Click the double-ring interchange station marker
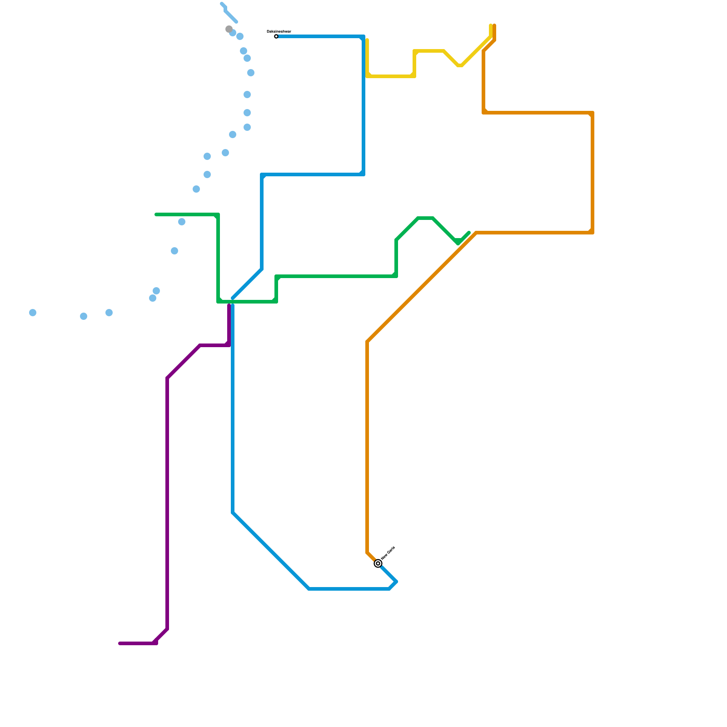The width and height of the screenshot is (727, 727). click(x=378, y=563)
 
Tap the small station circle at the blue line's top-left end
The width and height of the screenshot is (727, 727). click(x=276, y=36)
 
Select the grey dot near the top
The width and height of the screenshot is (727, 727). click(x=229, y=29)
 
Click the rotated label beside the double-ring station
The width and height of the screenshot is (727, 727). click(x=388, y=553)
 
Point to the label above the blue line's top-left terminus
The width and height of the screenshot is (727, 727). click(x=279, y=31)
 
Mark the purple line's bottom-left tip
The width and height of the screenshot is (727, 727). click(x=120, y=643)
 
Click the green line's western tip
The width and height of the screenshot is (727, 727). click(x=156, y=214)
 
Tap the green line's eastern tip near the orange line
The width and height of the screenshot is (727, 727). click(x=469, y=233)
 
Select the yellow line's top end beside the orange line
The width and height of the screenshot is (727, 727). click(x=491, y=25)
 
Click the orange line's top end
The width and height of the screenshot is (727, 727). click(x=494, y=25)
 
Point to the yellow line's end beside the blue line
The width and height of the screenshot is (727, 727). click(x=367, y=40)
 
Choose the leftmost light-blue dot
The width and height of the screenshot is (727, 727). click(x=33, y=313)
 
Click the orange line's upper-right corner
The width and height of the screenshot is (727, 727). click(x=593, y=113)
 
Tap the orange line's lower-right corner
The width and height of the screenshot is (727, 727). click(x=593, y=233)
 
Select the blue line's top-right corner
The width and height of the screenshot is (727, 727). click(x=363, y=36)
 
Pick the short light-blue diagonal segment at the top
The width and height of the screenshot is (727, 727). click(x=230, y=16)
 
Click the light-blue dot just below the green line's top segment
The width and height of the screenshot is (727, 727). click(x=182, y=222)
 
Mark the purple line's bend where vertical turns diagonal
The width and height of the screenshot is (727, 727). click(x=167, y=378)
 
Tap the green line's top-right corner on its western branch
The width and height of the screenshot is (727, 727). click(x=218, y=214)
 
